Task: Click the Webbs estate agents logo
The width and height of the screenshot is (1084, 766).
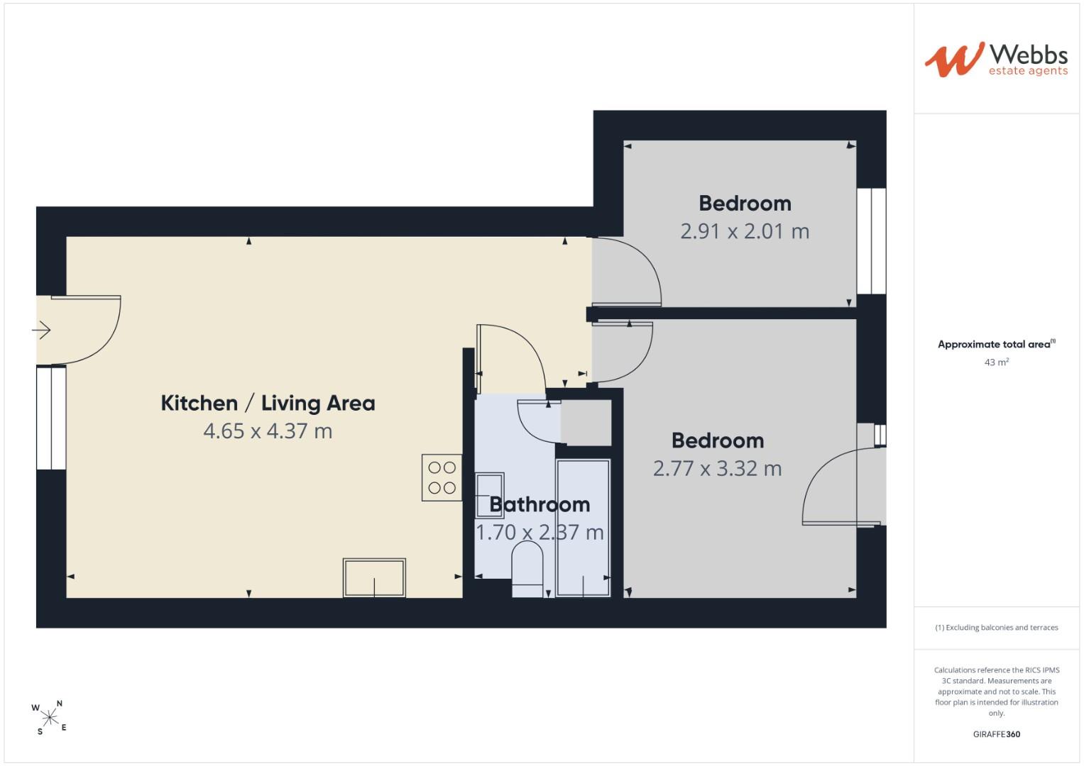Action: [x=996, y=60]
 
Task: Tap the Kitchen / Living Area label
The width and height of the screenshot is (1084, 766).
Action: [x=268, y=403]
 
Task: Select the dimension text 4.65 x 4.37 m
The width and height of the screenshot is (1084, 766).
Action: [x=268, y=431]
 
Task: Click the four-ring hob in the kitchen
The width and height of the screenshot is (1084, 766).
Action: [x=442, y=477]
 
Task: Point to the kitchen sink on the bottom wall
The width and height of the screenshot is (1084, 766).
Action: [x=374, y=578]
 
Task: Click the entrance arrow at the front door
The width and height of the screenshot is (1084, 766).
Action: [x=42, y=331]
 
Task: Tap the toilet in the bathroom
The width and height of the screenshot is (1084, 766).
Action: [x=527, y=569]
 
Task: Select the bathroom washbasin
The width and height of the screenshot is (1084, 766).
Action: [x=490, y=495]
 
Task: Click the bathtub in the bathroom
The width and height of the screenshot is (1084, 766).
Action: [x=583, y=528]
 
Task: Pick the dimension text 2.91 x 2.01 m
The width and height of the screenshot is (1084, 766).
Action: [x=745, y=231]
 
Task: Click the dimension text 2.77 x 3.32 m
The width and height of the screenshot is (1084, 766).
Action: [x=717, y=468]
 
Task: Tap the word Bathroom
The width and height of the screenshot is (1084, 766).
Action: [x=540, y=504]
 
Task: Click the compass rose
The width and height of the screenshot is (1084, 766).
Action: [x=50, y=718]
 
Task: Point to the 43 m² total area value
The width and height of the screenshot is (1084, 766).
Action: [x=997, y=362]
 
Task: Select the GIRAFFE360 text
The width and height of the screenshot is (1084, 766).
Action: [x=997, y=734]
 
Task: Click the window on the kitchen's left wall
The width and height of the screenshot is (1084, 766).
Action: [x=51, y=418]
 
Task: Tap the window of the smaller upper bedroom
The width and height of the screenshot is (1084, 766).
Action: [x=872, y=241]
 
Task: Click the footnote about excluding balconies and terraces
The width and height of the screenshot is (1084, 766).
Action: [x=997, y=627]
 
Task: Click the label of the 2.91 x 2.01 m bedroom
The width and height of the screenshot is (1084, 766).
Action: [x=745, y=203]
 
